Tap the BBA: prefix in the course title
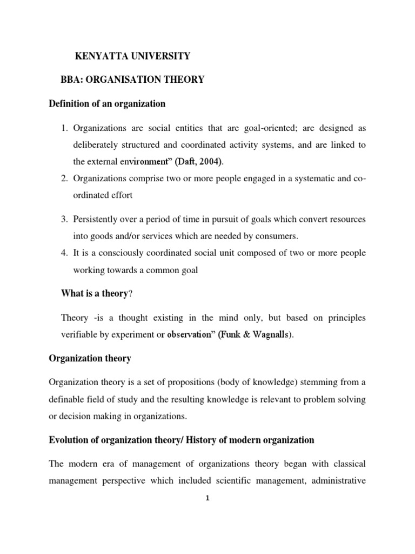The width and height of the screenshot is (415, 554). (72, 80)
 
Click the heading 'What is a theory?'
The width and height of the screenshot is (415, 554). (98, 293)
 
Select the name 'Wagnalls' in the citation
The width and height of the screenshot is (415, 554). (271, 335)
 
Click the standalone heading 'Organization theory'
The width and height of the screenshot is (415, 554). (90, 358)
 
